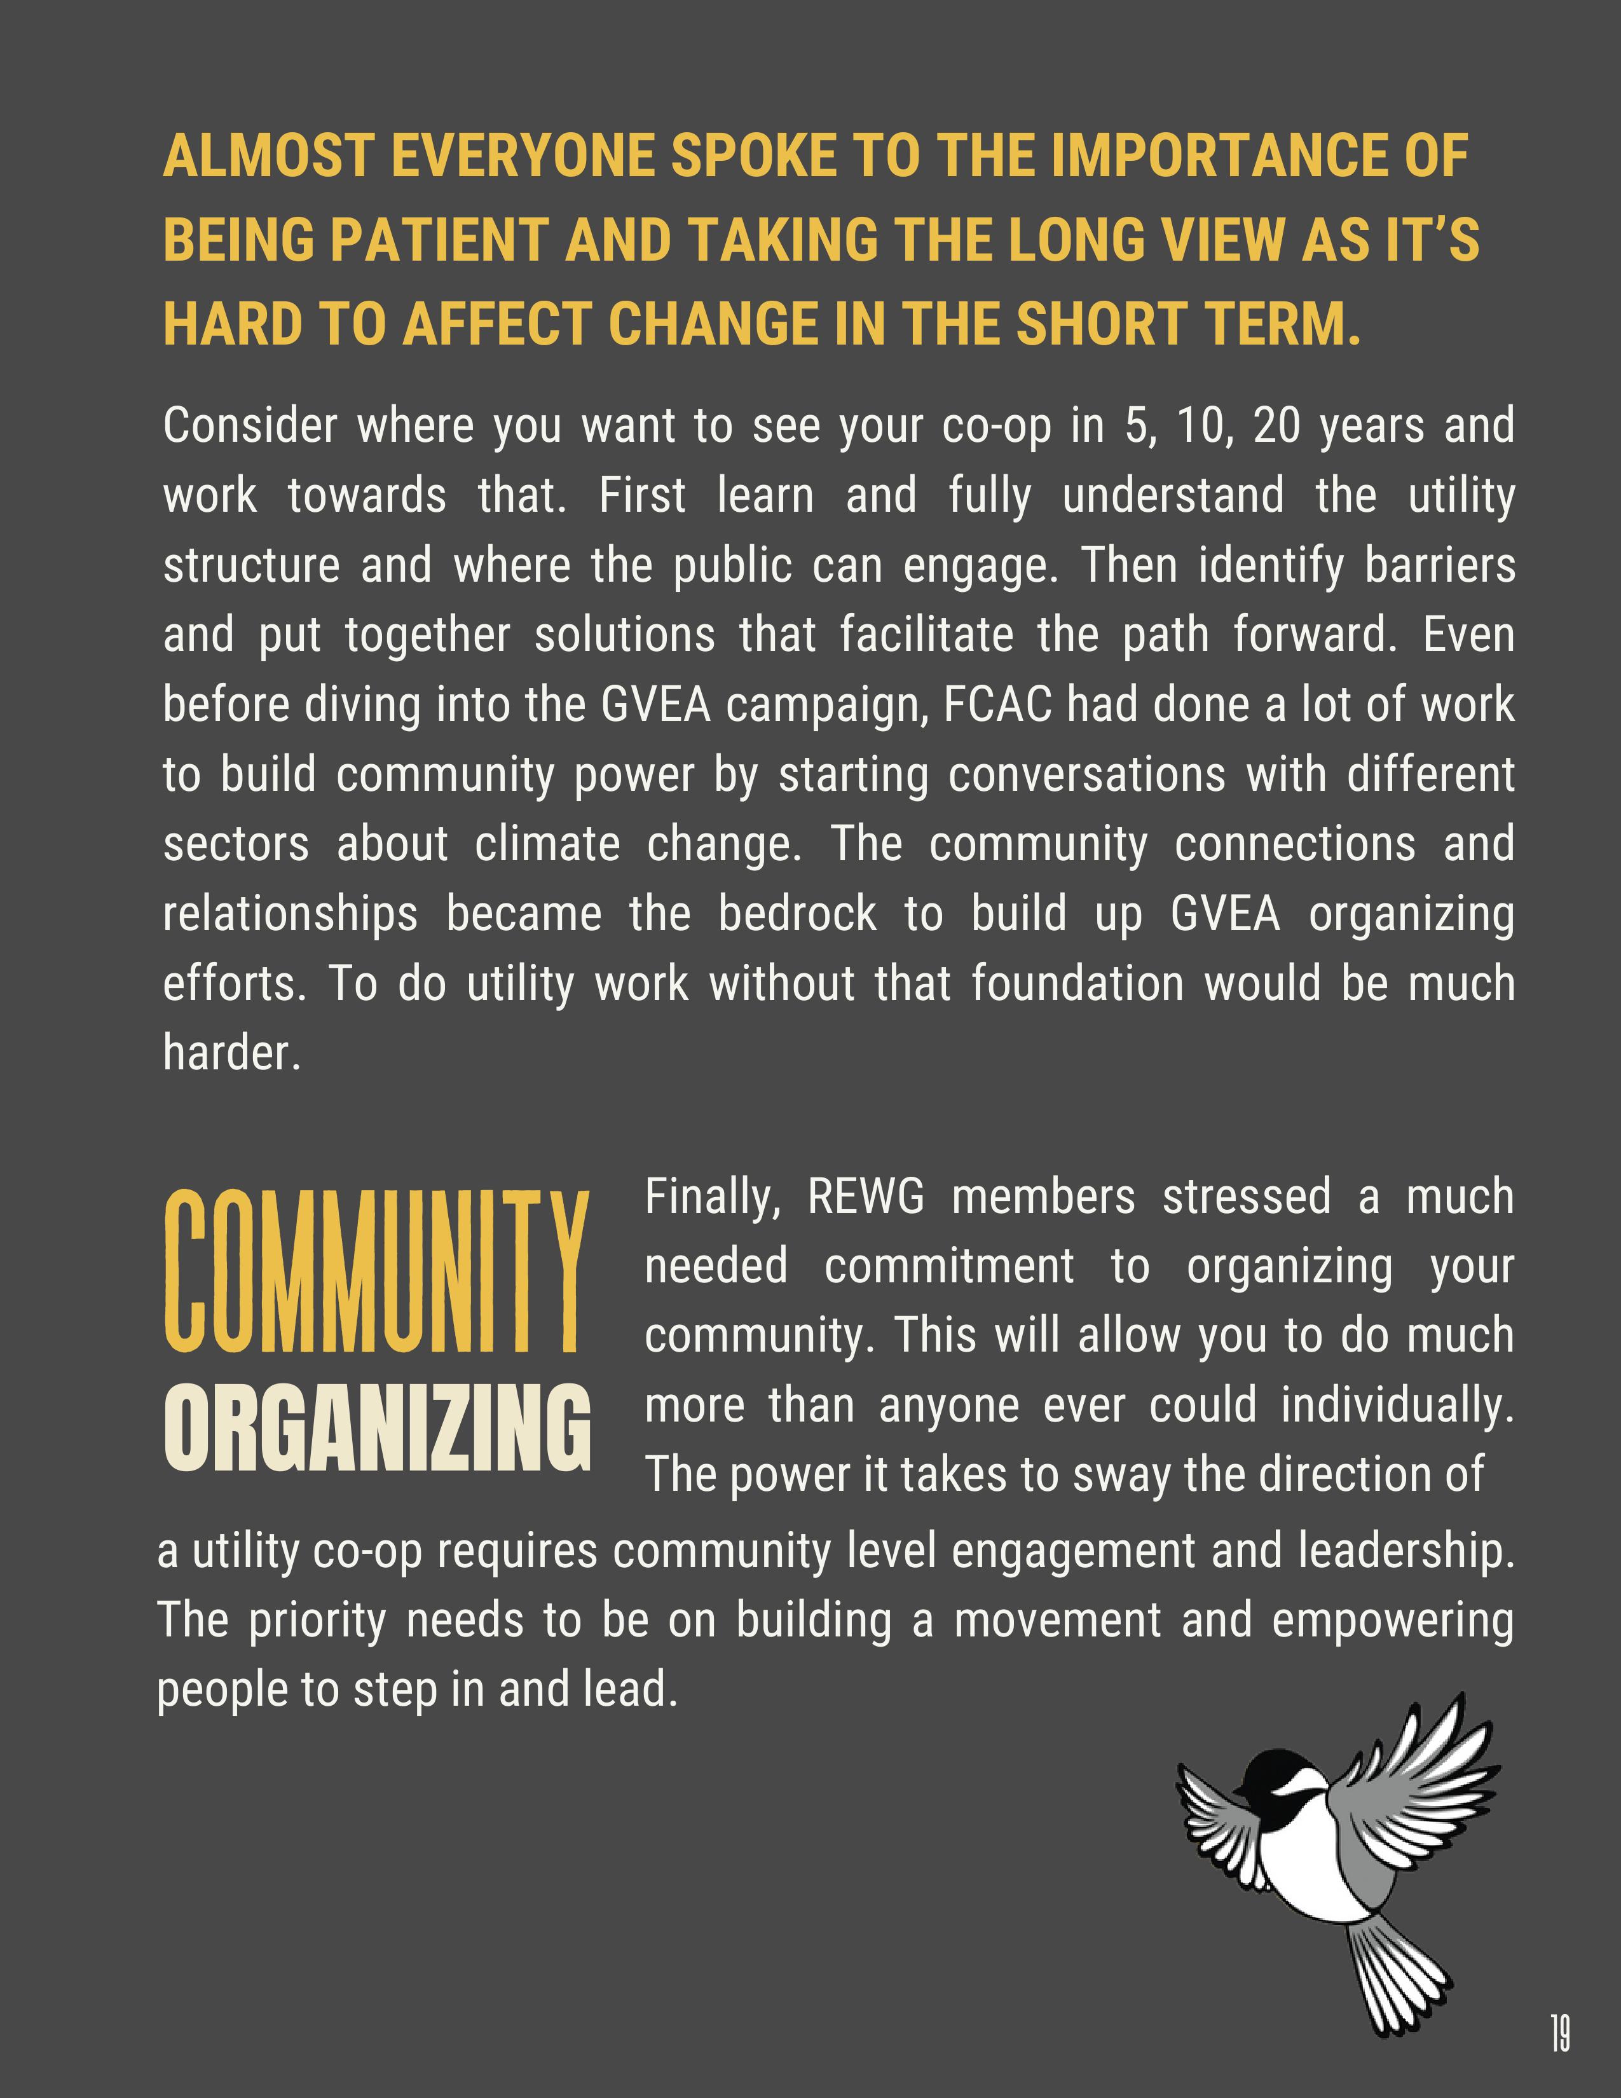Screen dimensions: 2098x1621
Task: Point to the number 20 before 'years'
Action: click(1276, 425)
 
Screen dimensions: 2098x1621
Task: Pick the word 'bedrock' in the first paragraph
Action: click(797, 914)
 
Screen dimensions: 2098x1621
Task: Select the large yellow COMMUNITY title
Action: click(374, 1272)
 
